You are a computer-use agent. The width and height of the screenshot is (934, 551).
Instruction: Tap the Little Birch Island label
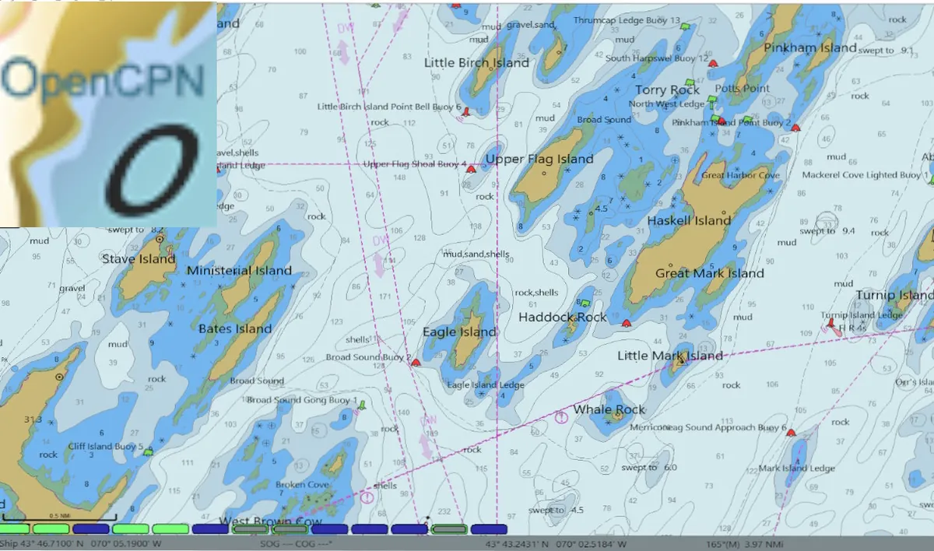pos(476,63)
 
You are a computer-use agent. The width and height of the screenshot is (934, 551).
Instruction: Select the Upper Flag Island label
pos(539,160)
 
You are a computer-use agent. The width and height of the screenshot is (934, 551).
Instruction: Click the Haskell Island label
pos(689,221)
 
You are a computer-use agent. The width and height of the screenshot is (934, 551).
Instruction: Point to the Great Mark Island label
pos(709,274)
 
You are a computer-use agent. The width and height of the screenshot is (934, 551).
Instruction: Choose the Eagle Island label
pos(459,332)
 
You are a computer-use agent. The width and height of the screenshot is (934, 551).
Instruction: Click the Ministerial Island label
pos(239,271)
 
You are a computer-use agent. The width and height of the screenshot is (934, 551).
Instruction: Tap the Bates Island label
pos(235,328)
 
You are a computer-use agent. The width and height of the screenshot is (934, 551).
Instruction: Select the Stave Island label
pos(139,259)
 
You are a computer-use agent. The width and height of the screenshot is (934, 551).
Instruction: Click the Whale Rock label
pos(609,409)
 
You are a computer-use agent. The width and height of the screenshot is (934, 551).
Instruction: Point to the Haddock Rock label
pos(562,318)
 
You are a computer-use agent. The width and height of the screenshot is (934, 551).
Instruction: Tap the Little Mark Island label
pos(669,356)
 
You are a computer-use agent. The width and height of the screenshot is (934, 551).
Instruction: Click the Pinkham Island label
pos(809,48)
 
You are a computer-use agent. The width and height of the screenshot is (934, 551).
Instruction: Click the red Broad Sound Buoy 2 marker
pos(416,362)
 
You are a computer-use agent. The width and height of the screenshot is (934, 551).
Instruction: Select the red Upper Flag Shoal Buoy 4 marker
pos(471,167)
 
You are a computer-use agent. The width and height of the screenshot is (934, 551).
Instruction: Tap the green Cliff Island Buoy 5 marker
pos(149,451)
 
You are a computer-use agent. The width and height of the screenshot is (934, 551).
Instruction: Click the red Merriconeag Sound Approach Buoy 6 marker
pos(792,432)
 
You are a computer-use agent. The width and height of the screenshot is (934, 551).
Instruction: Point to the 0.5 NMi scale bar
pos(59,517)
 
